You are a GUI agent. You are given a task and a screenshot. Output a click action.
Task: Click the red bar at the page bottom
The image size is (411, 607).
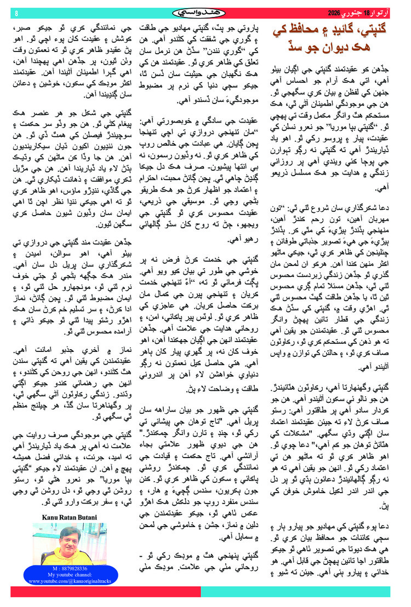point(104,592)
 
